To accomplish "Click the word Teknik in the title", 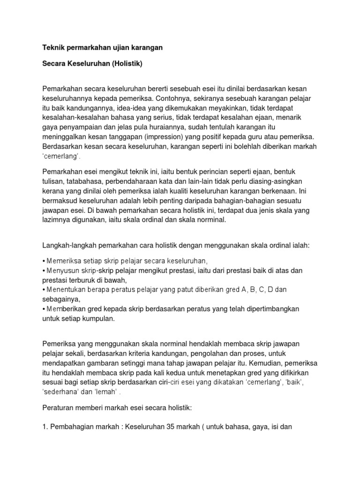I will [x=53, y=48].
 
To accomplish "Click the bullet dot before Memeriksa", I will [x=44, y=261].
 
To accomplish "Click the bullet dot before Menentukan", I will [x=44, y=290].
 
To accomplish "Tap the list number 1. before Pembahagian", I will [x=45, y=427].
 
